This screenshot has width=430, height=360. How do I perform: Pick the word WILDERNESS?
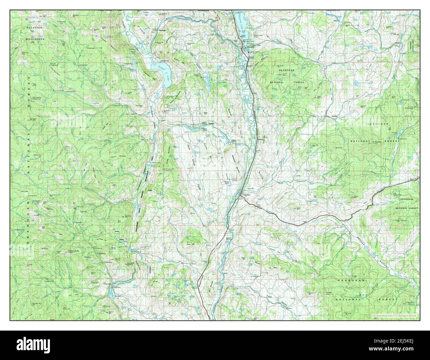point(35,39)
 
